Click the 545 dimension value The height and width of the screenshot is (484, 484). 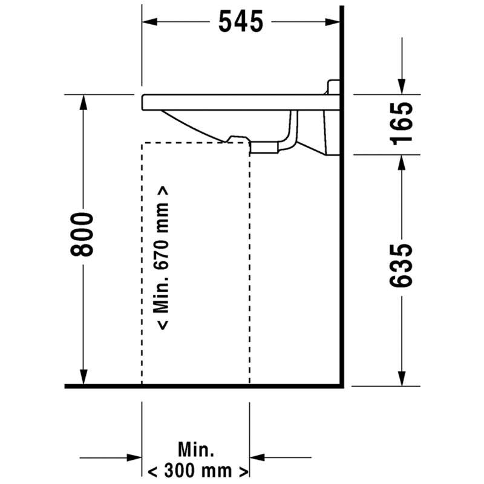point(241,21)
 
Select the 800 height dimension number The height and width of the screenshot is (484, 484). point(82,234)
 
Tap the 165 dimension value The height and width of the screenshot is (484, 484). point(401,123)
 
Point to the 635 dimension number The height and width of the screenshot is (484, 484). point(401,266)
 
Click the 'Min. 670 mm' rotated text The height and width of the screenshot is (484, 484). point(162,258)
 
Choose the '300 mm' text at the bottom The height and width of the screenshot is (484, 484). point(198,471)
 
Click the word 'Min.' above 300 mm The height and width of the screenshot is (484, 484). point(196,450)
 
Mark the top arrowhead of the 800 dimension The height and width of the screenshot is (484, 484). point(83,102)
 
